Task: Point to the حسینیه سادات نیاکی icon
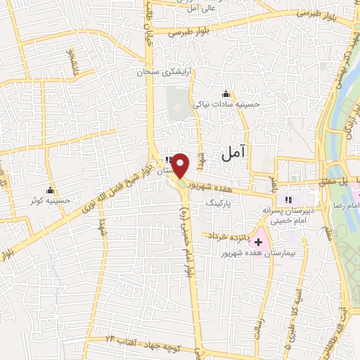pyautogui.click(x=226, y=95)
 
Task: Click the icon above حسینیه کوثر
pyautogui.click(x=50, y=191)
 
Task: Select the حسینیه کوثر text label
pyautogui.click(x=50, y=201)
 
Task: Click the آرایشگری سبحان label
pyautogui.click(x=165, y=72)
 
